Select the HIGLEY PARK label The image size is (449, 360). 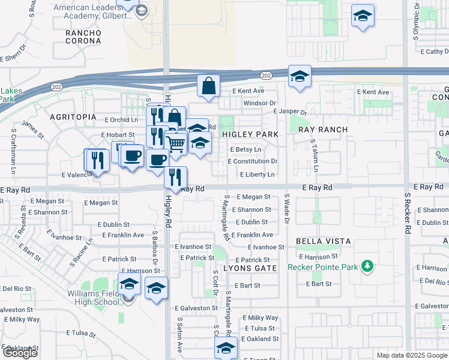pos(250,134)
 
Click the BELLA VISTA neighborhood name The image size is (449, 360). pos(323,241)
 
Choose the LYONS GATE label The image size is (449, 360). pos(250,268)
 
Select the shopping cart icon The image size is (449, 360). pos(175,143)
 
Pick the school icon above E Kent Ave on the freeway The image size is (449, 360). pos(300,76)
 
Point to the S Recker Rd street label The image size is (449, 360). pos(407,213)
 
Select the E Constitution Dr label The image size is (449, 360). pos(253,161)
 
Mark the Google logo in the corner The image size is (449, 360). pos(20,353)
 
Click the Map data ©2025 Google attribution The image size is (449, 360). pos(412,355)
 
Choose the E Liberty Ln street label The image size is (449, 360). pos(257,175)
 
